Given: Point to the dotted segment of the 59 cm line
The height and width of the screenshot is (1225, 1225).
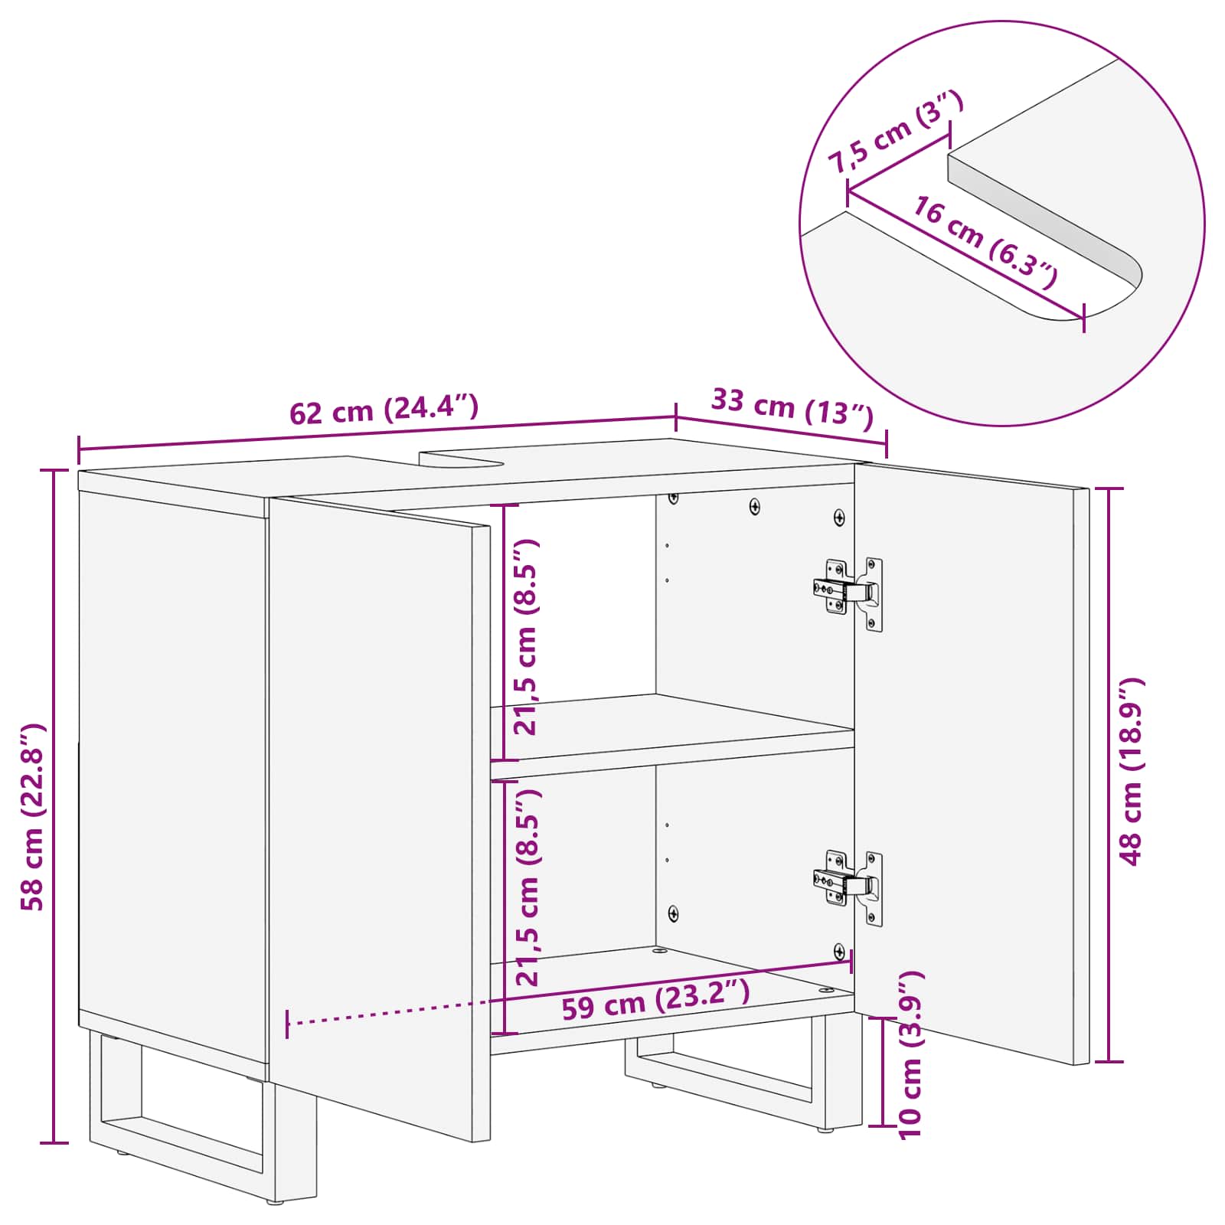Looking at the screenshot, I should (x=390, y=1012).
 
